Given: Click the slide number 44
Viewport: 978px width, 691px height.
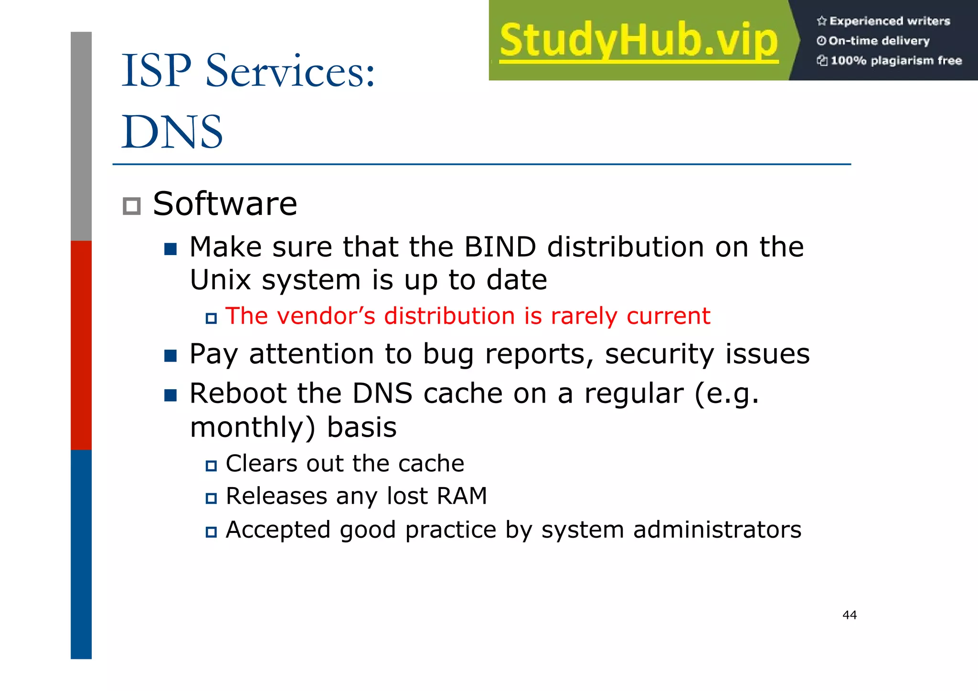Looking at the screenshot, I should point(849,615).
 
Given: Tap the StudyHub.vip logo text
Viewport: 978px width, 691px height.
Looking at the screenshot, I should point(638,41).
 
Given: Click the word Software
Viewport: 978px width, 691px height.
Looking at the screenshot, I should point(225,204).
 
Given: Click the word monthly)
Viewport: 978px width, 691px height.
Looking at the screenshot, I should point(253,427).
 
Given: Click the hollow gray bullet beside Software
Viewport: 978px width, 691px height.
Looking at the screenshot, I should point(131,206).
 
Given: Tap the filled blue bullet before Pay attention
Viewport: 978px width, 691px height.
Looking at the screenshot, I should point(170,356).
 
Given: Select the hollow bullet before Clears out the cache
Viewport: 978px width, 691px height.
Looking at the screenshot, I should point(211,466).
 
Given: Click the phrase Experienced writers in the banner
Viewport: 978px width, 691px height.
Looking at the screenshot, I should point(889,21).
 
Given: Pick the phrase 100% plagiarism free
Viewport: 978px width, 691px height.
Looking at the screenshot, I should point(896,61).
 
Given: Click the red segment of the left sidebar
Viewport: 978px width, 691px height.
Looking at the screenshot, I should point(81,345).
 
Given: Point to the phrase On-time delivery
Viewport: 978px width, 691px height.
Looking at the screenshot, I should point(879,41).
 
